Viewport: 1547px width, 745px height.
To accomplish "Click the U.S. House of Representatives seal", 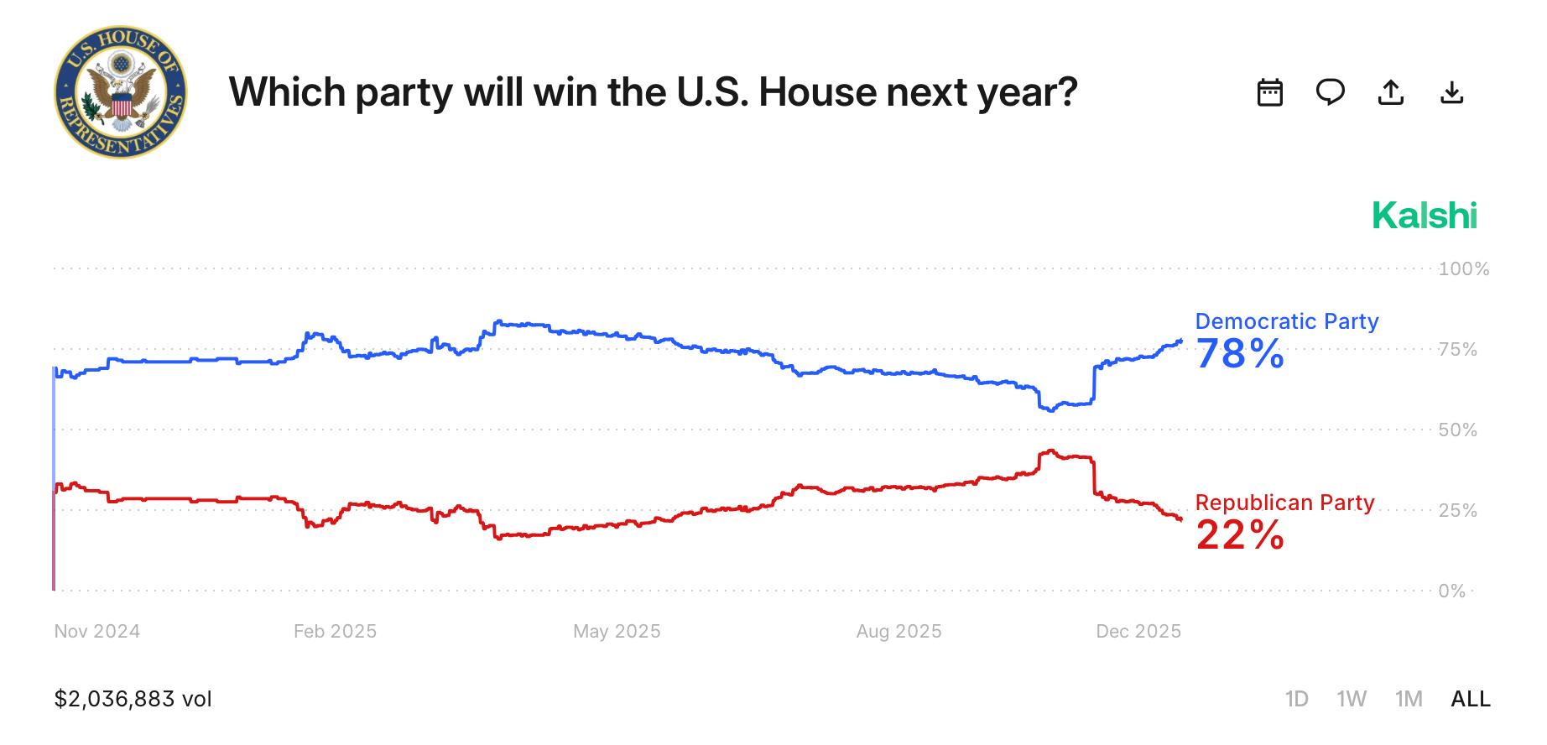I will pos(121,92).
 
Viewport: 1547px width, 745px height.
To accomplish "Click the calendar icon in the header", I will pos(1270,92).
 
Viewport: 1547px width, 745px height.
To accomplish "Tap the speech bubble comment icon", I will pos(1331,91).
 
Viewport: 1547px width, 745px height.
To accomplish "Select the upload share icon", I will pos(1391,92).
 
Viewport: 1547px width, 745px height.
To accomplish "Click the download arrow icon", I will pos(1451,92).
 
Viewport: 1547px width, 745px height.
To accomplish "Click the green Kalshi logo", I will pos(1424,216).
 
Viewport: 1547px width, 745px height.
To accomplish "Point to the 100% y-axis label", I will pos(1463,269).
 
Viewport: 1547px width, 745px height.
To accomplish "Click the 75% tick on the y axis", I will pos(1457,350).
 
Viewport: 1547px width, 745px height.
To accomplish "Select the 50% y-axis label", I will pos(1457,430).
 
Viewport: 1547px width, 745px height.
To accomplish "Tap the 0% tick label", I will pos(1451,591).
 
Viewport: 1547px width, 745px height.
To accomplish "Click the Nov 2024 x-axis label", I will pos(97,632).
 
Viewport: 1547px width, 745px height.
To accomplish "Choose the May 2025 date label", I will pos(617,632).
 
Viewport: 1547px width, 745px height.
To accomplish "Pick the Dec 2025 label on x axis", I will pos(1138,632).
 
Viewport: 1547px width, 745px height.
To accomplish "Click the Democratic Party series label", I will pos(1286,321).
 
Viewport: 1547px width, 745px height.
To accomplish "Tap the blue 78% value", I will pos(1240,354).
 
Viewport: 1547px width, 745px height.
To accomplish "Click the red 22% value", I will pos(1240,535).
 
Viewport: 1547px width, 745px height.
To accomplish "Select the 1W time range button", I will pos(1352,699).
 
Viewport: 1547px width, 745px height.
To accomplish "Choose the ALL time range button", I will pos(1470,699).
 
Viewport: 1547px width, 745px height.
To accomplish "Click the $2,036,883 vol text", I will pos(133,699).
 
